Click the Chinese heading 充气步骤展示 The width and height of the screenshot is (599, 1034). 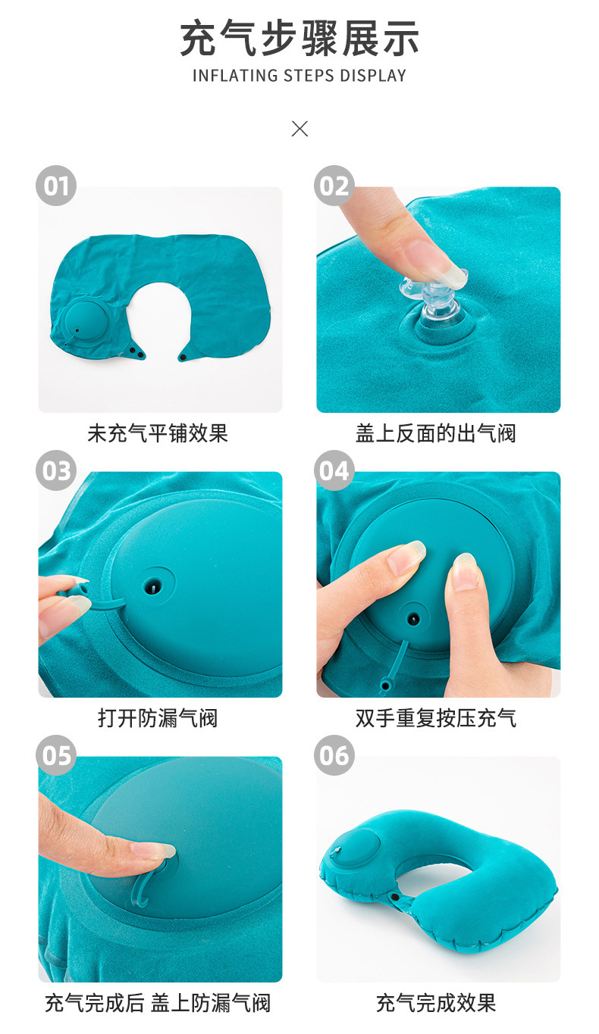(299, 39)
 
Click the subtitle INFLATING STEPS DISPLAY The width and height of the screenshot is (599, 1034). (299, 76)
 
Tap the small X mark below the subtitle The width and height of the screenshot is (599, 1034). (299, 128)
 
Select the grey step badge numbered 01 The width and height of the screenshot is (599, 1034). (56, 186)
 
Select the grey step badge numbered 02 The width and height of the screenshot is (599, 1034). (334, 186)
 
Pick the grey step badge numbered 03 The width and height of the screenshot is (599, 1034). (56, 470)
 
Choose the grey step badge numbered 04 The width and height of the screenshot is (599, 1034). (334, 470)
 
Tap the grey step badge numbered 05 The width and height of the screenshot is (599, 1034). (56, 755)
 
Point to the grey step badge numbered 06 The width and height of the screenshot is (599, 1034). (334, 755)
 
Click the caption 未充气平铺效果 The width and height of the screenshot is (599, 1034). (158, 433)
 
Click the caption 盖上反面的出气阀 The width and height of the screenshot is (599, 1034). (435, 433)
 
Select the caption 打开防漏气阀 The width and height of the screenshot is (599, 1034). (158, 718)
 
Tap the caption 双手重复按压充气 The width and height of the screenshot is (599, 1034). (435, 718)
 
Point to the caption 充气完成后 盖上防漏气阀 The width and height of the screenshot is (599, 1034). (158, 1003)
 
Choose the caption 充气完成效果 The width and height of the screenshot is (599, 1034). (435, 1003)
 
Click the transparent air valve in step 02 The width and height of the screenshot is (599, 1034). (434, 299)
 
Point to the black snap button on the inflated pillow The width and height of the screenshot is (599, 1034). (395, 896)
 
